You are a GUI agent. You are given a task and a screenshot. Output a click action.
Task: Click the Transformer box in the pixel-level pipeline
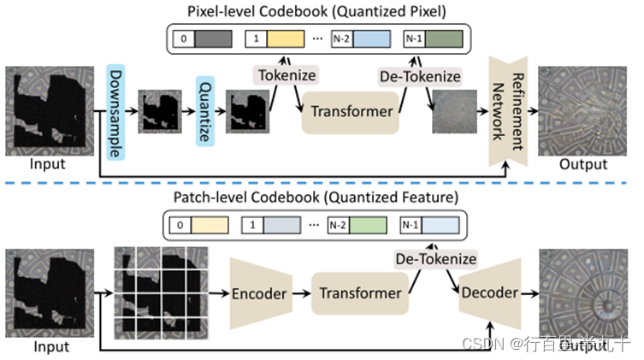[x=351, y=112]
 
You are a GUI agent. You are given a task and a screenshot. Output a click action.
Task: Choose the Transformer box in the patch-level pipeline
[x=360, y=292]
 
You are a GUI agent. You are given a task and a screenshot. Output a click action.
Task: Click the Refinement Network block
[x=508, y=110]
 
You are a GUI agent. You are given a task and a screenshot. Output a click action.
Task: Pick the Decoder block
[x=489, y=292]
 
